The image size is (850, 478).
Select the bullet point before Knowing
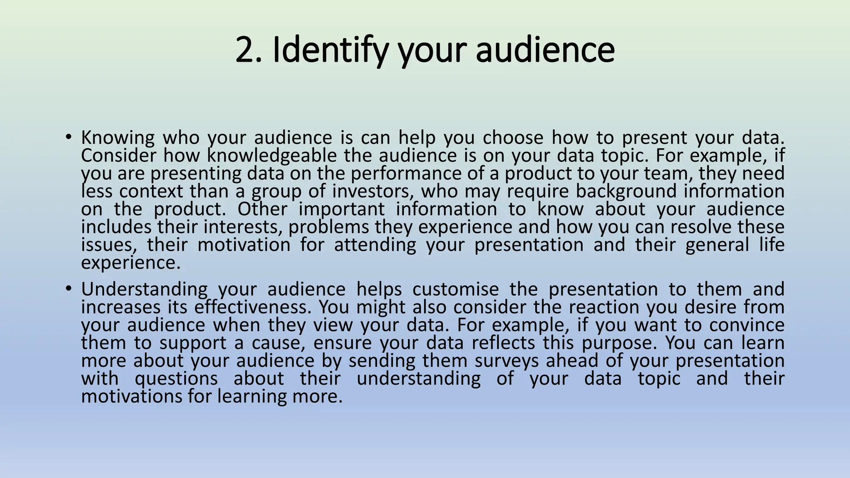tap(68, 137)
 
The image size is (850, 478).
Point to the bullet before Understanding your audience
tap(68, 288)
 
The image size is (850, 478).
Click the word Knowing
tap(117, 138)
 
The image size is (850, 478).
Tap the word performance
tap(406, 174)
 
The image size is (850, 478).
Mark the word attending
tap(375, 245)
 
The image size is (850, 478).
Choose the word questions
tap(176, 379)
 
